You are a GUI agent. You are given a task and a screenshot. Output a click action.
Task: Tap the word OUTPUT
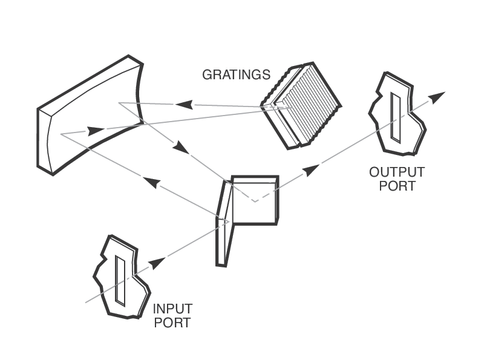397,172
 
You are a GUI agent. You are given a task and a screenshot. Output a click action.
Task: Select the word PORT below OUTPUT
397,186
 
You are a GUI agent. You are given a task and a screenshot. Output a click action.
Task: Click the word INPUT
172,309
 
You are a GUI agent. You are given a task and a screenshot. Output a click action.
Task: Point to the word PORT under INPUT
172,322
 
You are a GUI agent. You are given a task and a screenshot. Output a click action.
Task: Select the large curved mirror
91,115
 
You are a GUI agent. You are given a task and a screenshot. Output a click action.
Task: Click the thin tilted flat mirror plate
224,224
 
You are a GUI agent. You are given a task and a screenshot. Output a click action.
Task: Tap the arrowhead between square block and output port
312,169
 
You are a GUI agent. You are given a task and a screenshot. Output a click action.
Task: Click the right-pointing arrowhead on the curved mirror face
96,130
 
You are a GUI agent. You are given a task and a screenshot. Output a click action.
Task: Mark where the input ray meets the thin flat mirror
227,221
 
